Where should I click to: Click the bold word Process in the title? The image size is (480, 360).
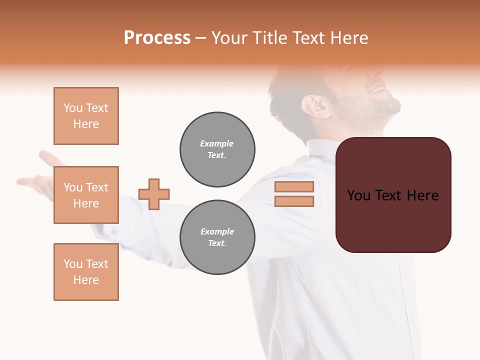[x=157, y=38]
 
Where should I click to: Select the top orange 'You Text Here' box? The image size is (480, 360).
[x=86, y=116]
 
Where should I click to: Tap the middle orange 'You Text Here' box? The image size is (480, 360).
[x=86, y=195]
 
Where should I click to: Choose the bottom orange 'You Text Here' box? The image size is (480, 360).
[x=86, y=272]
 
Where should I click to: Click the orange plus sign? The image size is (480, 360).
[x=154, y=194]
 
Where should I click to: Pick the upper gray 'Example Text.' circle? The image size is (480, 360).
[x=217, y=149]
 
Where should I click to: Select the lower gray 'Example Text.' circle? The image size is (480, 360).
[x=217, y=237]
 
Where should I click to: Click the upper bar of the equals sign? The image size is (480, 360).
[x=294, y=187]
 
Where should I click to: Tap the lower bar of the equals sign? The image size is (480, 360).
[x=294, y=201]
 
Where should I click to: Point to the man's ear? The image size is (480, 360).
[x=315, y=106]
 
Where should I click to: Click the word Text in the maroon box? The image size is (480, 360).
[x=394, y=195]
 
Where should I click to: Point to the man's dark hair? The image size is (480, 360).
[x=290, y=90]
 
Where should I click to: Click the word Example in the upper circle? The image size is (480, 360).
[x=216, y=143]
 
